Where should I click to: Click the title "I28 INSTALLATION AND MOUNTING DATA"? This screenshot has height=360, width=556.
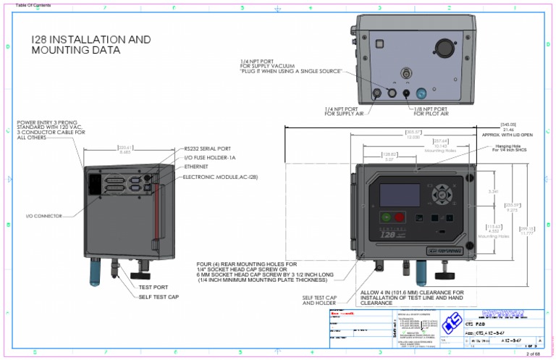pyautogui.click(x=91, y=45)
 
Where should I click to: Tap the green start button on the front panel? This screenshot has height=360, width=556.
pyautogui.click(x=386, y=217)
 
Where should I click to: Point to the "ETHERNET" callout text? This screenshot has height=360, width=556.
pyautogui.click(x=196, y=167)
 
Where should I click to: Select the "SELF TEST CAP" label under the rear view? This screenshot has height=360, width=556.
pyautogui.click(x=159, y=296)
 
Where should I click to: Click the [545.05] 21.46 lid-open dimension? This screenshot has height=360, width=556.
pyautogui.click(x=507, y=127)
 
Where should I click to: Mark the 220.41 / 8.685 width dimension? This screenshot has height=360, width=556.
pyautogui.click(x=125, y=150)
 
